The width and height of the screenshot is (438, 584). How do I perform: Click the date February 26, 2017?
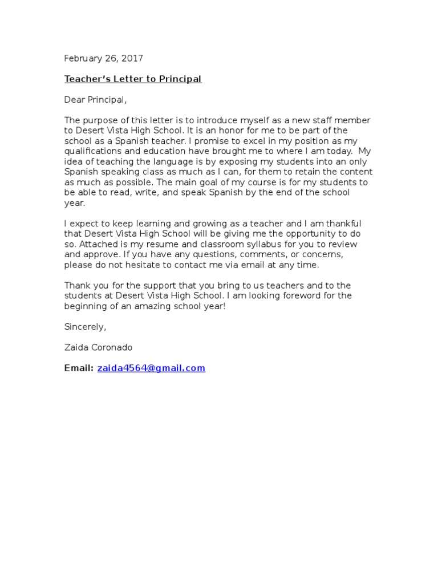[103, 58]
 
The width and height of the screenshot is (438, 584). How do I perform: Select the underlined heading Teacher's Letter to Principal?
[133, 79]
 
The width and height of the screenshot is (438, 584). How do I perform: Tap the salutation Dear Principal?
[95, 100]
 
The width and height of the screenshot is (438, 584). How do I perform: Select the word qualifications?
[90, 151]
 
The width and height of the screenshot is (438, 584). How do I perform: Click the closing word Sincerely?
[85, 327]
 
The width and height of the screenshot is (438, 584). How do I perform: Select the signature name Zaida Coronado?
[100, 347]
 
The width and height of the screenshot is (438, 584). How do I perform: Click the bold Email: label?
[79, 368]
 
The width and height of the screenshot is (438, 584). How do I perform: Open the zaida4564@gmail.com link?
[151, 368]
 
